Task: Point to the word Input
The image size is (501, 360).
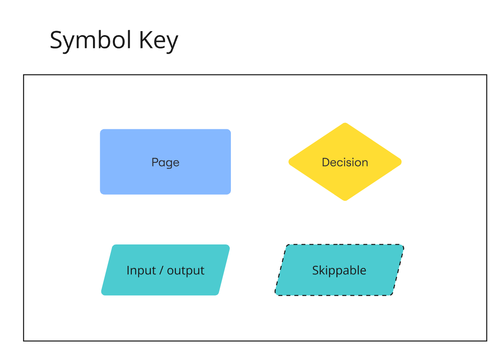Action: (x=141, y=270)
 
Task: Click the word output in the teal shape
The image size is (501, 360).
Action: (x=186, y=271)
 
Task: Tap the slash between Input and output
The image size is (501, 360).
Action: (x=161, y=270)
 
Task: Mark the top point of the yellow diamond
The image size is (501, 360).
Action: (x=345, y=123)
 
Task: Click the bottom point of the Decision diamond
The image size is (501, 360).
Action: (x=345, y=200)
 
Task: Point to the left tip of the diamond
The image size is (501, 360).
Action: (x=289, y=162)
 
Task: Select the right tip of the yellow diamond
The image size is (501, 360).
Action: (x=401, y=162)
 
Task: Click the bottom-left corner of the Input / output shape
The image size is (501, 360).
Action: (x=103, y=294)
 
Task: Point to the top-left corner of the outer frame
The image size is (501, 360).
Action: (x=23, y=75)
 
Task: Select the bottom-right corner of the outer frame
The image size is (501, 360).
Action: (x=486, y=341)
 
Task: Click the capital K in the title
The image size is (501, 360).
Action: (x=144, y=40)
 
